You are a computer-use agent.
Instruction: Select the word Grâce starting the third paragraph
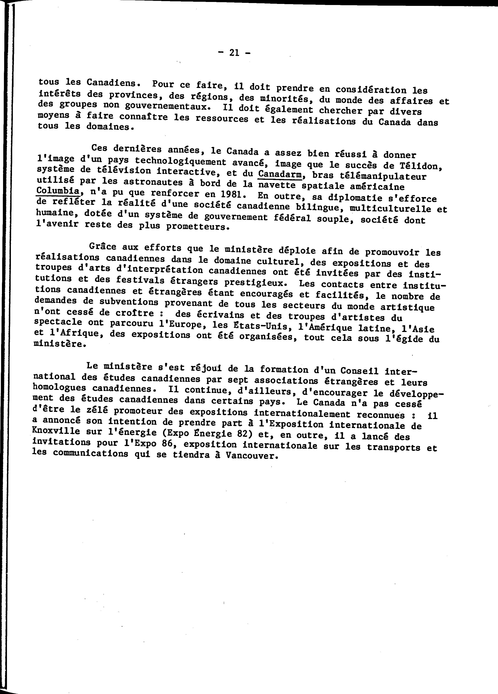click(x=102, y=246)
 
